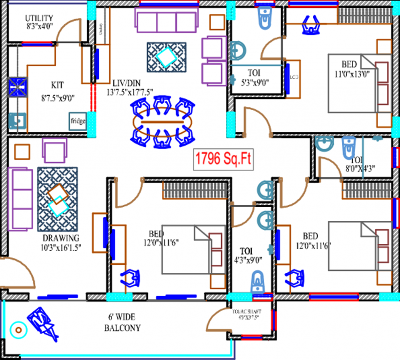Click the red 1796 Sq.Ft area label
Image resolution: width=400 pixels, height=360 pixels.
click(x=223, y=159)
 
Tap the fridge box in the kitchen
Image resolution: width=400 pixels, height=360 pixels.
click(x=78, y=121)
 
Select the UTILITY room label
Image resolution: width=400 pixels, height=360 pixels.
click(x=39, y=18)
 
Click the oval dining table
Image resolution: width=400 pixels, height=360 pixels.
click(x=163, y=123)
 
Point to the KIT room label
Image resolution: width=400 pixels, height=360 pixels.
click(x=57, y=85)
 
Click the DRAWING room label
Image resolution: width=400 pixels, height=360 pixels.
click(x=61, y=238)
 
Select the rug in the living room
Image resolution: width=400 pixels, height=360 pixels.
click(x=166, y=57)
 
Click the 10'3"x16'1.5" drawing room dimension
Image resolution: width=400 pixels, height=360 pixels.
click(x=61, y=247)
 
